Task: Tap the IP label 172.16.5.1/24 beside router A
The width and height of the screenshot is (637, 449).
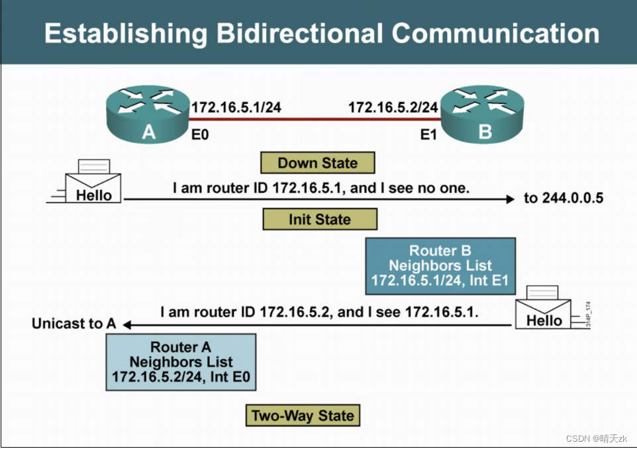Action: coord(236,107)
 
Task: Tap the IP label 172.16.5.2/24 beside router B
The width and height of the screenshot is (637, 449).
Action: coord(393,107)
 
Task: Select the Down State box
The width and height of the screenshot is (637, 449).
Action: coord(318,163)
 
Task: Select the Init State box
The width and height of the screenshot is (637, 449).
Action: coord(320,219)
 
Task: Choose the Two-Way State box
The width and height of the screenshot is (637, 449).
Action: coord(303,416)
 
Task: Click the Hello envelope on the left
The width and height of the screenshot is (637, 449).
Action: coord(93,186)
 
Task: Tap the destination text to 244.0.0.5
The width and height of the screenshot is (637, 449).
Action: coord(563,198)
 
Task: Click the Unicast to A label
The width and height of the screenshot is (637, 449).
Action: coord(73,324)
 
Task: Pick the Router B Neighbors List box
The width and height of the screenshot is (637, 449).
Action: coord(440,266)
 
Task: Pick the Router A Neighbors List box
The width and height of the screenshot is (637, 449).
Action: coord(181,362)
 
